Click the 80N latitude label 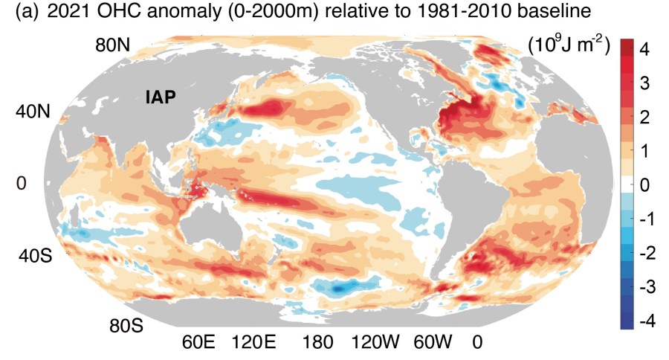tap(114, 45)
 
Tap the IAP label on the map tap(160, 95)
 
